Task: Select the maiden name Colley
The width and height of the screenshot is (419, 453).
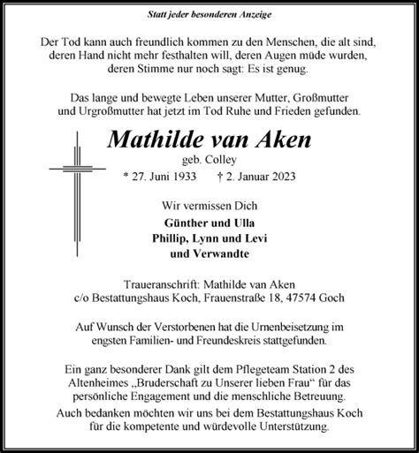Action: click(233, 159)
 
